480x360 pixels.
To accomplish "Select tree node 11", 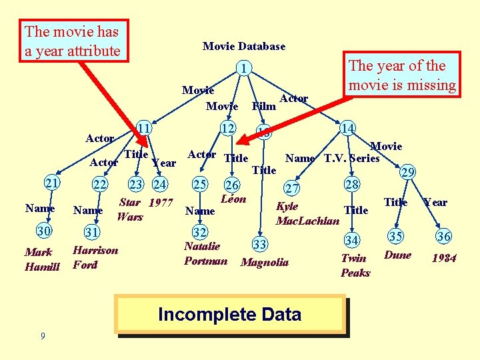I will coord(143,128).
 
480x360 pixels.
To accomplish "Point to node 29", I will coord(408,172).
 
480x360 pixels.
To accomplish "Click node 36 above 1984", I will coord(443,235).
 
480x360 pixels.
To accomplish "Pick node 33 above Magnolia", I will coord(261,245).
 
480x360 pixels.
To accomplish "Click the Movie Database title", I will coord(243,46).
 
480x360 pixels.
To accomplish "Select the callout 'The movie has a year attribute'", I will coord(72,41).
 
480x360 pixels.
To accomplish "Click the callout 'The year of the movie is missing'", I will coord(402,75).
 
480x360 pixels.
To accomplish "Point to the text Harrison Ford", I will coord(95,257).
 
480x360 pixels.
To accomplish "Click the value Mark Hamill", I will coord(42,259).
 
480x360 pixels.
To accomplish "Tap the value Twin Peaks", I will coord(355,265).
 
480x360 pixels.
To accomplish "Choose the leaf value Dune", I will coord(397,255).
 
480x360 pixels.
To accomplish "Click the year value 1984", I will coord(443,258).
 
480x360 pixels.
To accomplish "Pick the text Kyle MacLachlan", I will coord(307,213).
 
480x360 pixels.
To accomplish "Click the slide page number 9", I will coord(43,336).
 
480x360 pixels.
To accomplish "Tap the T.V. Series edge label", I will coord(351,159).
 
